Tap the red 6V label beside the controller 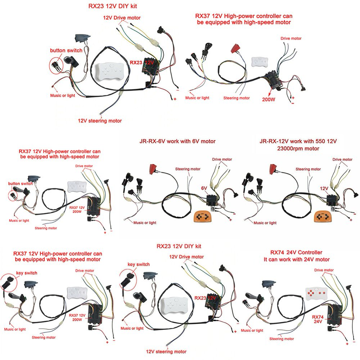coord(204,188)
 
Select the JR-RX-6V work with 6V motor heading coord(177,141)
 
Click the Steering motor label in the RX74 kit coord(282,339)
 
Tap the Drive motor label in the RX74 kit coord(324,270)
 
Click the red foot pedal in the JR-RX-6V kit coord(153,169)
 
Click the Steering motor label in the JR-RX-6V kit coord(188,169)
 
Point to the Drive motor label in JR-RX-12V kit coord(342,159)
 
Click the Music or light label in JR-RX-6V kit coord(144,223)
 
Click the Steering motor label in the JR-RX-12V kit coord(308,169)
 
